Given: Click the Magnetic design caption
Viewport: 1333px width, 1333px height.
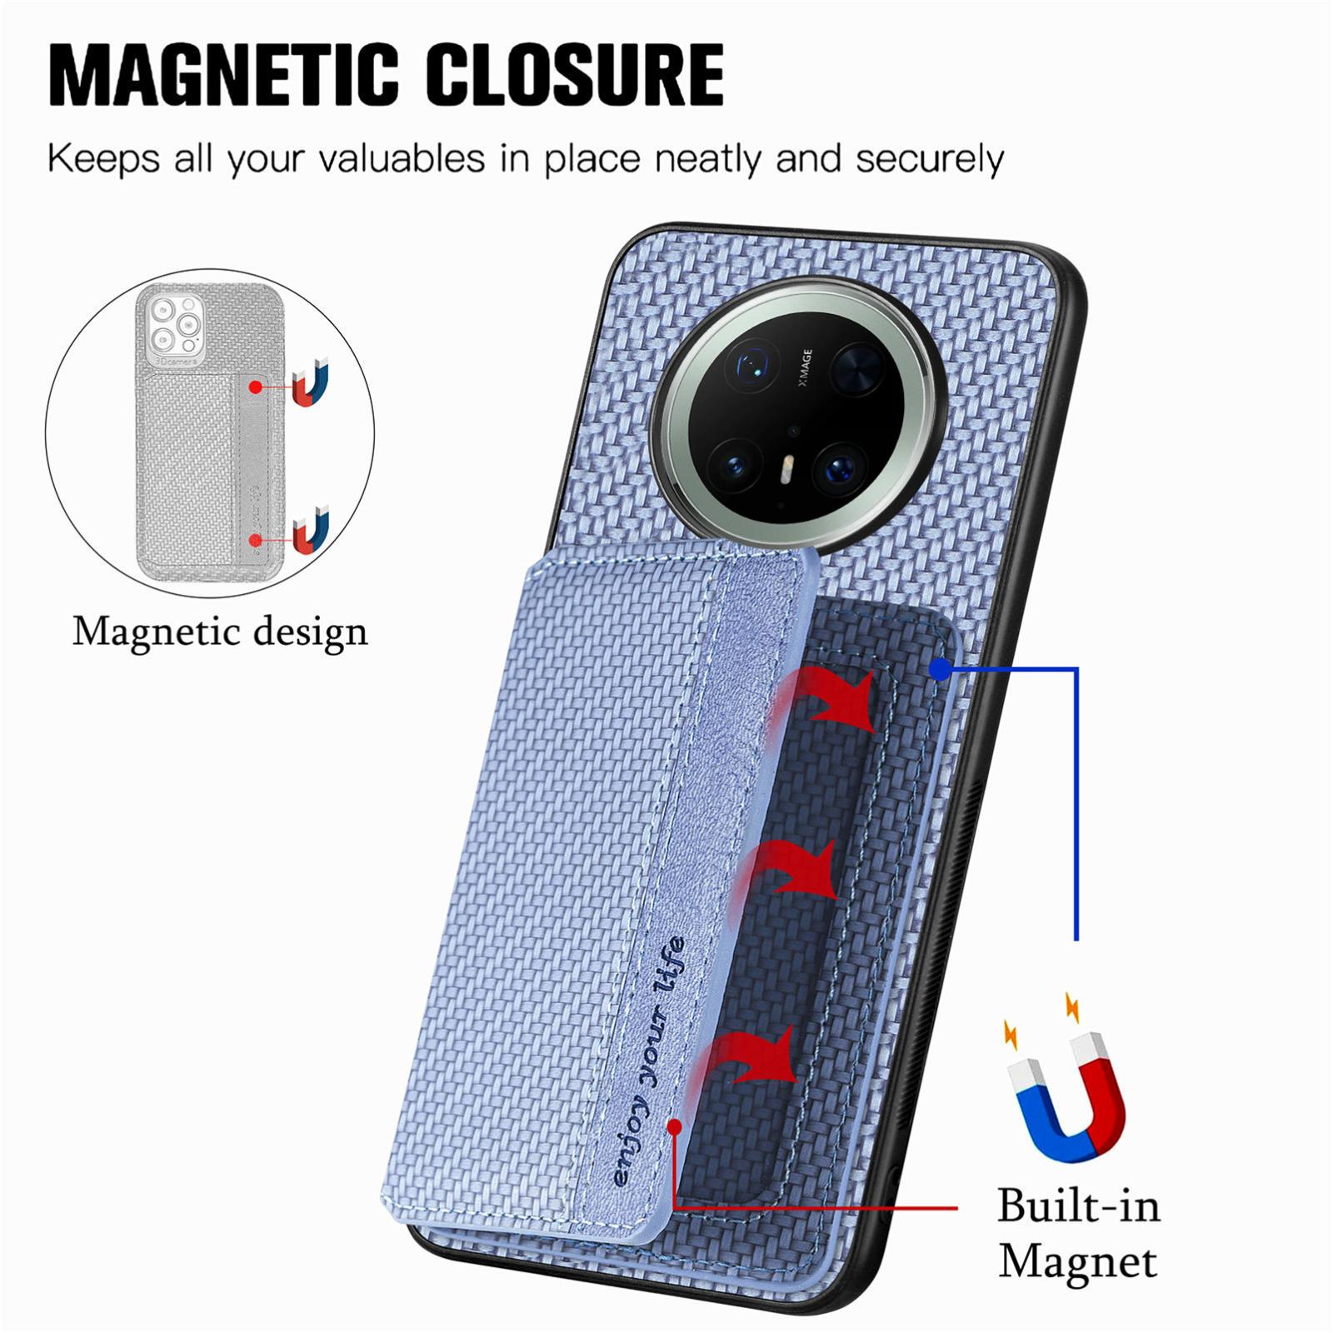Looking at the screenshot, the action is pos(220,632).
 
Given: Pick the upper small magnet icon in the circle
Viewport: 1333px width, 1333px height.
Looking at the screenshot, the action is pos(312,382).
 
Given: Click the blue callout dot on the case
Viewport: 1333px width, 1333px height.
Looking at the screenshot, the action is pos(940,668).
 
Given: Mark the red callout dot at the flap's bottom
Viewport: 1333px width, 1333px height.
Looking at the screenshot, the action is pos(675,1126).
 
